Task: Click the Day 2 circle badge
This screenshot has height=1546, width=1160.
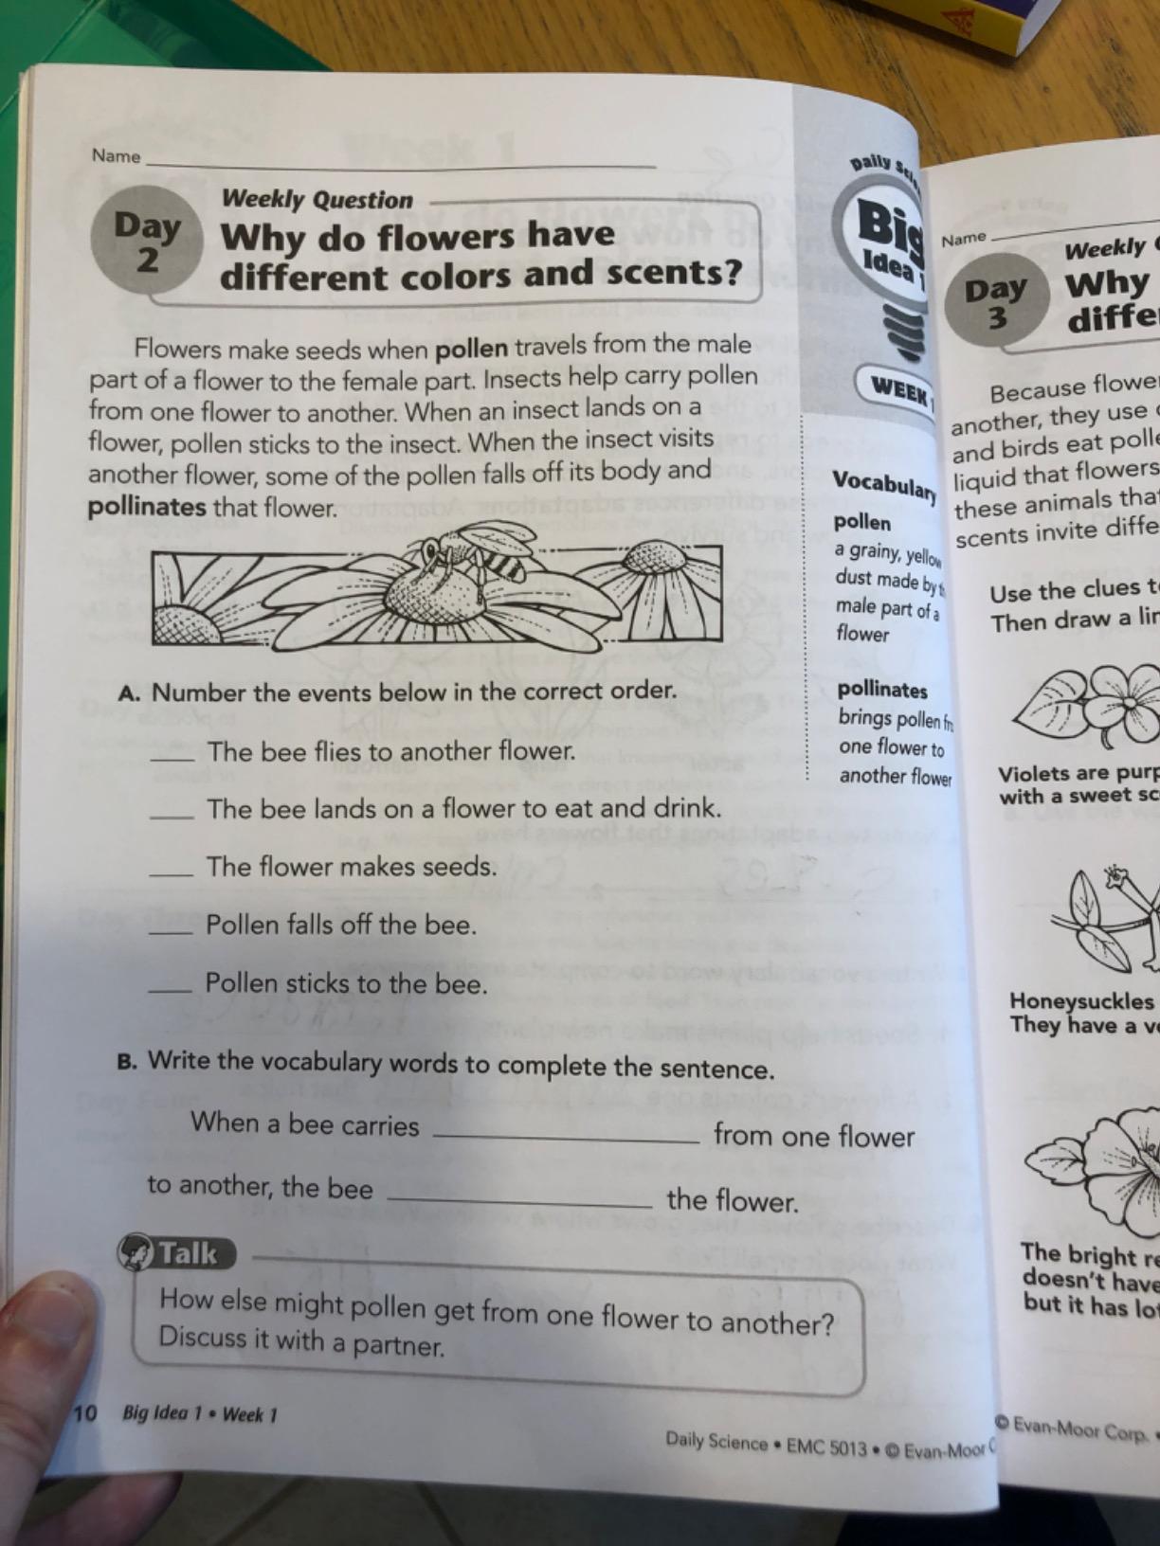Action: pos(146,240)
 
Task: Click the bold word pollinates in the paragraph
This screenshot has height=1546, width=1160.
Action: pos(146,507)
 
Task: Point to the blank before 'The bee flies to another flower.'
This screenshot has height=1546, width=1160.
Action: pos(172,757)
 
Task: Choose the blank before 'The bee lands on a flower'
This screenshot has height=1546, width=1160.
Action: pos(172,815)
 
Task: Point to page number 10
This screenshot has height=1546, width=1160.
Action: pos(85,1413)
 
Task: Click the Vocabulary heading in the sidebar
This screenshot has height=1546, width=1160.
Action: pos(883,484)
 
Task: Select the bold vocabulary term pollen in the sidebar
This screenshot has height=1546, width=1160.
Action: pos(862,522)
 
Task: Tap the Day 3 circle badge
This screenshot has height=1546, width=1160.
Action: pos(996,301)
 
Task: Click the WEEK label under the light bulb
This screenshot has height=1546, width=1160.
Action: pos(900,388)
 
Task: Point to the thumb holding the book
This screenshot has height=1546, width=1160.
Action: pos(43,1345)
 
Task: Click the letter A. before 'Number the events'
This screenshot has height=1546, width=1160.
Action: pos(130,692)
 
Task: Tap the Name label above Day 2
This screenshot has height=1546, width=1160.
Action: pos(116,155)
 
